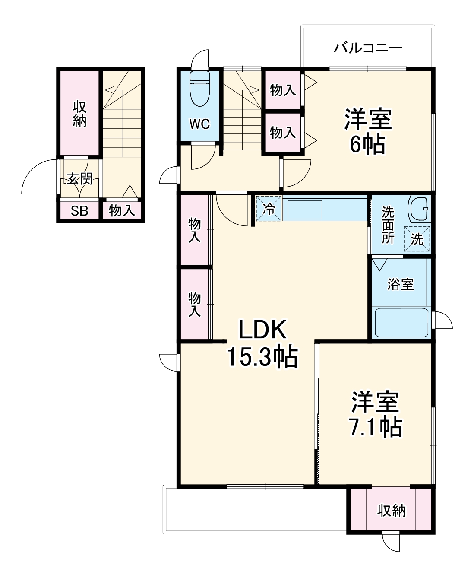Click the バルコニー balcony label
(368, 48)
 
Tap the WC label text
(200, 124)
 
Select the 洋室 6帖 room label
(368, 132)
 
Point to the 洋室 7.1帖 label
(375, 414)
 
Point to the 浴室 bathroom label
(401, 284)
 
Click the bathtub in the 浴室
(401, 323)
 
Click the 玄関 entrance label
(79, 178)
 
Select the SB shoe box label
(79, 211)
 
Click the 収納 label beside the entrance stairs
(79, 113)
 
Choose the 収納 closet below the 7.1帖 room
(392, 511)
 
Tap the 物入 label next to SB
(122, 211)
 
